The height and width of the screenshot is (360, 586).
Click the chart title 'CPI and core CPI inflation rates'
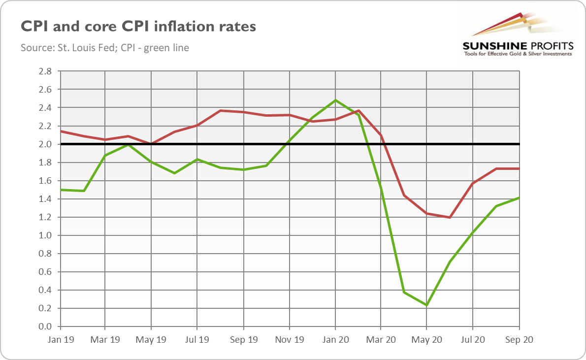point(138,26)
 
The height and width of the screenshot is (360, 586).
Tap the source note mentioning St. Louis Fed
point(105,48)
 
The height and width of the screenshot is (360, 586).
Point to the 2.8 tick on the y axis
point(45,71)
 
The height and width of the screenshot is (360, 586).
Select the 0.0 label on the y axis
point(45,327)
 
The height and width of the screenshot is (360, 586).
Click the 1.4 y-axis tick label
point(45,199)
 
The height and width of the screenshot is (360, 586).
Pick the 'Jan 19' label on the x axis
point(60,339)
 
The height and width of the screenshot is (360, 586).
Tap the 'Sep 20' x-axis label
point(519,339)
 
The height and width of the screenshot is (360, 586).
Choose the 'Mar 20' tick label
point(381,339)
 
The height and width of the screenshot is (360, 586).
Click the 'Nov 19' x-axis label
point(289,339)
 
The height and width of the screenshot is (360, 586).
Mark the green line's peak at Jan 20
point(335,100)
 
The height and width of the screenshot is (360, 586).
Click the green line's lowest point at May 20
point(426,305)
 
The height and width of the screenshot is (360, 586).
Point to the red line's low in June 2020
point(450,217)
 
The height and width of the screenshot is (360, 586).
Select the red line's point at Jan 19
point(60,131)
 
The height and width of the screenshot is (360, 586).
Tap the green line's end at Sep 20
point(519,198)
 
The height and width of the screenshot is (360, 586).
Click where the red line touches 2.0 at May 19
point(151,144)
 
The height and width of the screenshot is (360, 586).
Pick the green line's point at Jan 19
point(60,190)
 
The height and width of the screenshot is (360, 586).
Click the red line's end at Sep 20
point(519,168)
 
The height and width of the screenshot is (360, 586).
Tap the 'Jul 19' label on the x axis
point(197,339)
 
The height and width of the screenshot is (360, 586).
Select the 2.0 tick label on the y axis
point(45,144)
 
